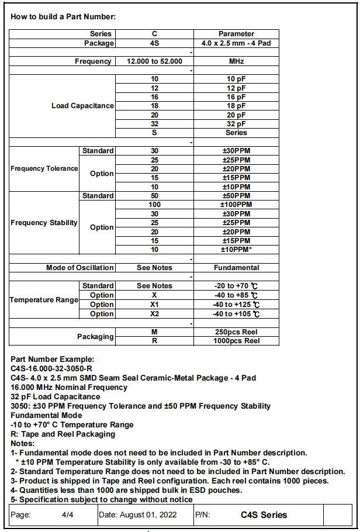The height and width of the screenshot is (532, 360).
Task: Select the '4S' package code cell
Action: [x=154, y=43]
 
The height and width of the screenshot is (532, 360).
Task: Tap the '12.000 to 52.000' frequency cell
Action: [x=154, y=61]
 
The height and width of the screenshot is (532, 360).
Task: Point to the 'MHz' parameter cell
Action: [x=236, y=61]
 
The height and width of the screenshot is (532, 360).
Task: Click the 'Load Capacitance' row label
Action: [x=82, y=106]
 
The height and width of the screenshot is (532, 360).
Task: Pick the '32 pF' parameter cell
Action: [x=236, y=124]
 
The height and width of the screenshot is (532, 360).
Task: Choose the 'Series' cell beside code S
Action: [x=236, y=133]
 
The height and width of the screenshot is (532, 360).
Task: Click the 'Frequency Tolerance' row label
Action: [x=44, y=168]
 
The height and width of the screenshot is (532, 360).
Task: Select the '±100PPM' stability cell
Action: [x=236, y=205]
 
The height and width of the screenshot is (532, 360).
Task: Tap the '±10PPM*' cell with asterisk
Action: [x=236, y=250]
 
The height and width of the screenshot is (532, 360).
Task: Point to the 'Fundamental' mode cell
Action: [x=236, y=268]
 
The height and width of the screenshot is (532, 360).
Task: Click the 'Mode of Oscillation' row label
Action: [x=80, y=268]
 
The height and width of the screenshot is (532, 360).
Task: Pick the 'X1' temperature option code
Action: [x=154, y=305]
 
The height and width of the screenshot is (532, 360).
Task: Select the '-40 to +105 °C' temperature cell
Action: [x=236, y=314]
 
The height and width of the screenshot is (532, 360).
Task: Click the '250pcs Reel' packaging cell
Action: [x=236, y=332]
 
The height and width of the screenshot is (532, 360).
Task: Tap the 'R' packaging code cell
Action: [x=154, y=341]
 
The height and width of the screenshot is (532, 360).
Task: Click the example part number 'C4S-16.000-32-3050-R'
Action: [x=52, y=369]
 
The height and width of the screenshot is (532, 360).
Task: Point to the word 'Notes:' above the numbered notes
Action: [x=23, y=443]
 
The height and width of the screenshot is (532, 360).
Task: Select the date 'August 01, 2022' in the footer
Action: [x=146, y=515]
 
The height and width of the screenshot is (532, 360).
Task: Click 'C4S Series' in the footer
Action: [x=264, y=515]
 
